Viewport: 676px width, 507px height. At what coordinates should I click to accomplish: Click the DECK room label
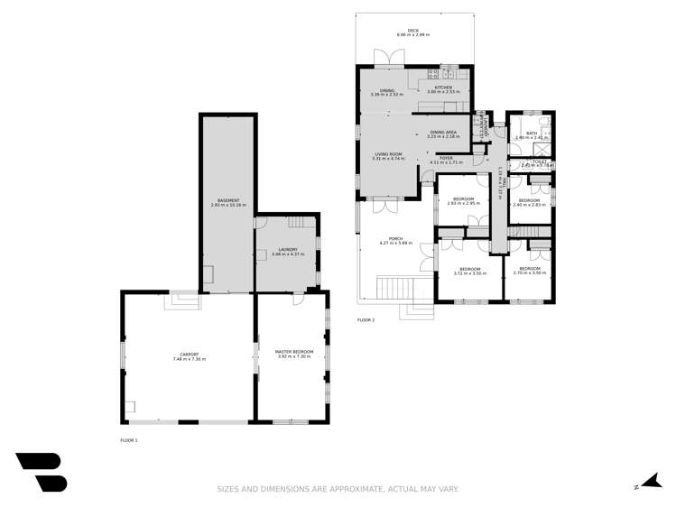(x=412, y=31)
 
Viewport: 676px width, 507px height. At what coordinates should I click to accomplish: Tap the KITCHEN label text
(x=442, y=88)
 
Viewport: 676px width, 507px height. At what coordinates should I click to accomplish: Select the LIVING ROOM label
(x=390, y=154)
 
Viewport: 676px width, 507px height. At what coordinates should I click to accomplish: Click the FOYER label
(x=446, y=159)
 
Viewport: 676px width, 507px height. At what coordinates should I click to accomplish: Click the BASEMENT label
(x=227, y=200)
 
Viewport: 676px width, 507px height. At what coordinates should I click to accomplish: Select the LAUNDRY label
(x=288, y=250)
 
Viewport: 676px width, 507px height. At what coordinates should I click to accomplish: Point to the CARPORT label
(x=190, y=355)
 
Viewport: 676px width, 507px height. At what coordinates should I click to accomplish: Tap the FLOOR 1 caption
(x=129, y=440)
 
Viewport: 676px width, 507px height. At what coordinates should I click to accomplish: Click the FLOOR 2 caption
(x=366, y=320)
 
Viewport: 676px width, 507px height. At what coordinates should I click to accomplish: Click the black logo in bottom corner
(x=41, y=472)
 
